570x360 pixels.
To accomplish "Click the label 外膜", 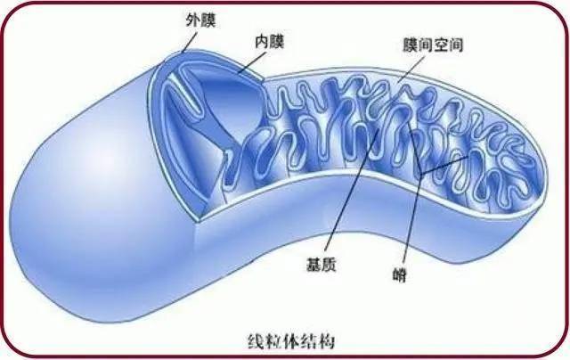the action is [x=201, y=20].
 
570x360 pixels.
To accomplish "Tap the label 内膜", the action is [x=269, y=42].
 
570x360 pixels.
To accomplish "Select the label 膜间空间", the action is [x=433, y=45].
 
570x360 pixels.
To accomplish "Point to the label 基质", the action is [x=321, y=265].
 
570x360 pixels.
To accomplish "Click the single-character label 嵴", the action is [x=400, y=275].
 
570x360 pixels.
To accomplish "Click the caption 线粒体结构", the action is [x=291, y=341].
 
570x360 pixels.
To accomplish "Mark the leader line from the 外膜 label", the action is [x=190, y=42].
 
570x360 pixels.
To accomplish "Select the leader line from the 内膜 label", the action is [x=252, y=61].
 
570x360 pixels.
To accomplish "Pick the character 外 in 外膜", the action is [x=193, y=20].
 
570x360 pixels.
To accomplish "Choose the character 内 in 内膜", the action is [x=262, y=42].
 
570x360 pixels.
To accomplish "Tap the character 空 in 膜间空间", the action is [x=441, y=45].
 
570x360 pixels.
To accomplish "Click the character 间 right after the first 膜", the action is [x=426, y=45].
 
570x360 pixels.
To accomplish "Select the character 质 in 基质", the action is [x=329, y=265].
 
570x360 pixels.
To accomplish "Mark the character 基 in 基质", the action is [x=313, y=265].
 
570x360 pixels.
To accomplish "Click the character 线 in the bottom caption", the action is [x=256, y=341].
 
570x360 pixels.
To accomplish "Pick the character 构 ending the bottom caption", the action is [x=327, y=341].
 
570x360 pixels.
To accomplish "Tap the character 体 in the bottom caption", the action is [x=291, y=341].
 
